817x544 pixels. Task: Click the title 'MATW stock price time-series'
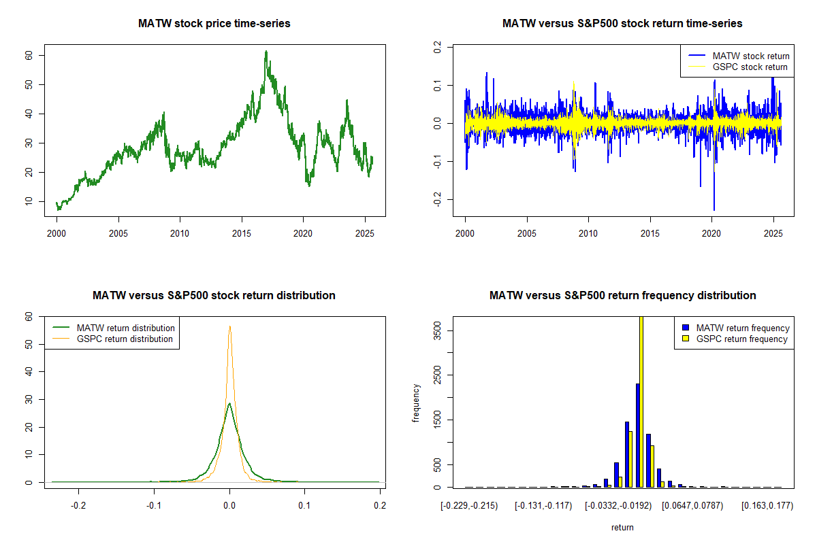(214, 24)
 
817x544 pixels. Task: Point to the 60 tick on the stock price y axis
(29, 55)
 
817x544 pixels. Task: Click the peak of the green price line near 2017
(266, 52)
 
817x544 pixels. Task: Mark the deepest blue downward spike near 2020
(714, 209)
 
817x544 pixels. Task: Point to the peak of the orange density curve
(230, 326)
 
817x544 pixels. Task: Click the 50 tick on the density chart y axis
(29, 345)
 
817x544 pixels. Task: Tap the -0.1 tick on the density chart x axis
(155, 506)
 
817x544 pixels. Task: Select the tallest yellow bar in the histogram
(641, 401)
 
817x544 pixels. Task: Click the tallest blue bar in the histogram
(637, 435)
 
